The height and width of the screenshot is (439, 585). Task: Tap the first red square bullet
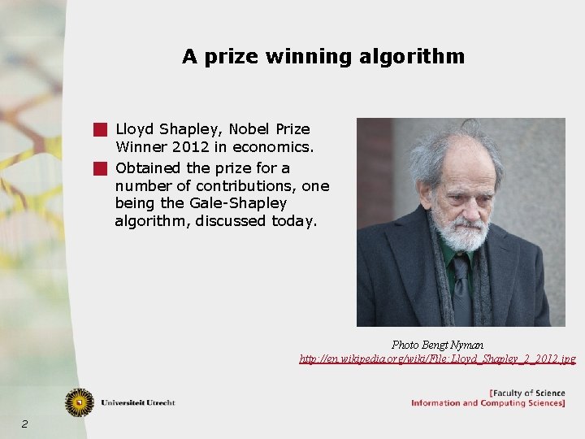[x=100, y=129]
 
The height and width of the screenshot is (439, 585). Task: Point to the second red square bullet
[x=100, y=169]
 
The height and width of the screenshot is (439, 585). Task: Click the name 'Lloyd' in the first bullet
[x=135, y=129]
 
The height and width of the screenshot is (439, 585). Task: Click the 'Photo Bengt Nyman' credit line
[x=437, y=345]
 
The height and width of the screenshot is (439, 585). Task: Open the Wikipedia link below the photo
[x=437, y=359]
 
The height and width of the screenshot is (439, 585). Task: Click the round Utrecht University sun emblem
[x=80, y=402]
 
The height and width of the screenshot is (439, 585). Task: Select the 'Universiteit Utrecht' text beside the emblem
[x=138, y=402]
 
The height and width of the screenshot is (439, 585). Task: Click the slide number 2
[x=25, y=424]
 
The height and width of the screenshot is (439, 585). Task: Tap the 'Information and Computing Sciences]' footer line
[x=487, y=403]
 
